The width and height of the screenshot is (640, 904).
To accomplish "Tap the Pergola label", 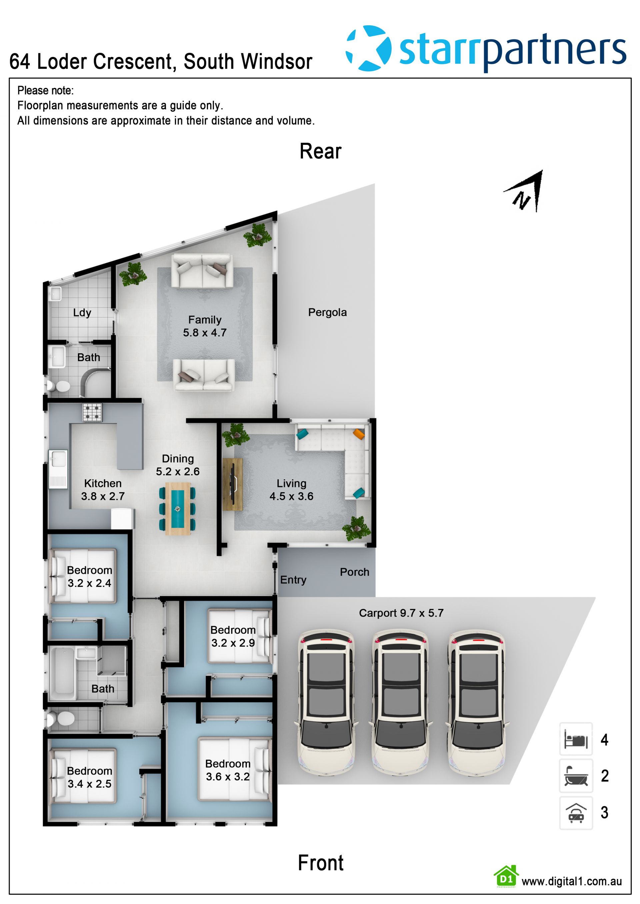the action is pos(327,312).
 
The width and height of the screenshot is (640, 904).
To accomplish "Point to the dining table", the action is pos(177,509).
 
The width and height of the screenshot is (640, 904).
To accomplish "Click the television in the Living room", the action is pos(233,484).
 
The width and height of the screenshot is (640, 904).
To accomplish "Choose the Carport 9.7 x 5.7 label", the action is pos(401,613).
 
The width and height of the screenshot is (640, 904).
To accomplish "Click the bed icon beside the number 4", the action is pos(576,739).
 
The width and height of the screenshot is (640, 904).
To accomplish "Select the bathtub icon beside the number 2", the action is pos(576,776).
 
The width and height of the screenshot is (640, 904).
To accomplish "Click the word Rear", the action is pos(320,151).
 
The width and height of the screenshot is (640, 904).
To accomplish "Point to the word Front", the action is pos(320,863).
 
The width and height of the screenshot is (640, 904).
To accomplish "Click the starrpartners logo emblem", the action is pos(368,48).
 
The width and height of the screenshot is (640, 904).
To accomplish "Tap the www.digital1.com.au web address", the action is pos(571,882).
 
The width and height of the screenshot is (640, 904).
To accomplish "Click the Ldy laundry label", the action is pos(82,313).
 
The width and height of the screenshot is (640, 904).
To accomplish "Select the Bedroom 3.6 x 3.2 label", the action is pos(228,770).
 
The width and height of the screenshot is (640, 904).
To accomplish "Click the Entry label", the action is pos(293,580).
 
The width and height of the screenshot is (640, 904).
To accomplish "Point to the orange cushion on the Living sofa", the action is pos(359,434).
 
